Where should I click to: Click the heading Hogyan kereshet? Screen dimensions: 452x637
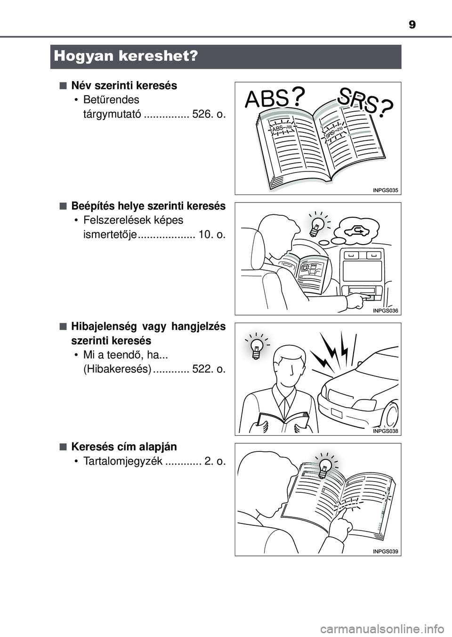tap(126, 57)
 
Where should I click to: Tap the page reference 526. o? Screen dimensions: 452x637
tap(209, 114)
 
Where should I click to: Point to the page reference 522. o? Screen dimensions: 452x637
tap(209, 369)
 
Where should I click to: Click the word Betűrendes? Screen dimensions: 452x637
tap(112, 100)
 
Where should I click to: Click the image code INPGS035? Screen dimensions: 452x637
tap(386, 190)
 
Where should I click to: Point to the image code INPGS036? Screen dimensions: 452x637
tap(386, 311)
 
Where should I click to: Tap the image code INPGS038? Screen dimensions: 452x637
tap(386, 431)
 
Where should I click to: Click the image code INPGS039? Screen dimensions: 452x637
tap(386, 551)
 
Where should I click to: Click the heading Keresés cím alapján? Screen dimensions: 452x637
tap(124, 447)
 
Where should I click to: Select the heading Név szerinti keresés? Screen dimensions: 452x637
tap(124, 86)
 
